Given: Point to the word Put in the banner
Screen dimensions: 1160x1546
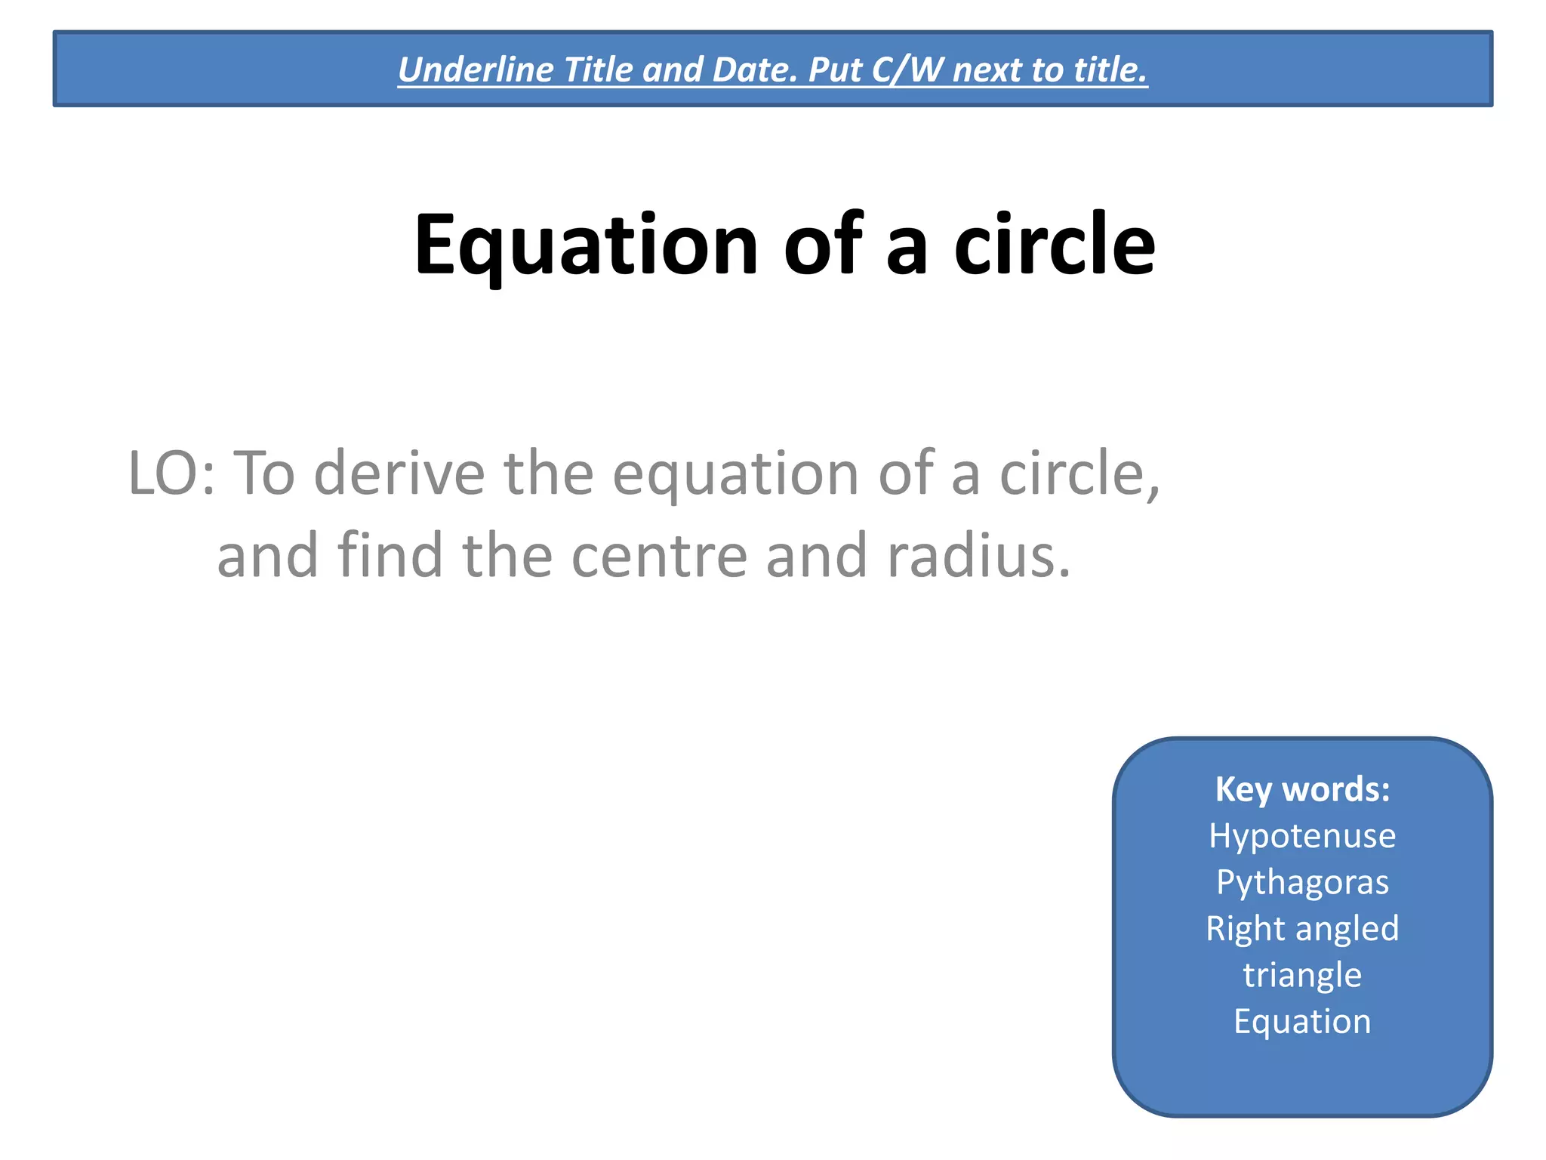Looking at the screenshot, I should pyautogui.click(x=835, y=69).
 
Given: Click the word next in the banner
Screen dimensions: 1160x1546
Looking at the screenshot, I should pyautogui.click(x=987, y=69).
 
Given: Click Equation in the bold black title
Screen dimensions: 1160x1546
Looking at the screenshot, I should pyautogui.click(x=586, y=245).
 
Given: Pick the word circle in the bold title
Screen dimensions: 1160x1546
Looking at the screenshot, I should pyautogui.click(x=1054, y=245).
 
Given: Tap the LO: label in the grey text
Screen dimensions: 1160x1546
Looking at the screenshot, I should pyautogui.click(x=172, y=474).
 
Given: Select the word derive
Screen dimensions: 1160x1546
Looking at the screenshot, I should pyautogui.click(x=399, y=474).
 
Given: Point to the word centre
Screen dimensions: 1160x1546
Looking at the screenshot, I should pyautogui.click(x=659, y=555).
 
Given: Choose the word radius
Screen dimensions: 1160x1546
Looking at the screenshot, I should pyautogui.click(x=978, y=555).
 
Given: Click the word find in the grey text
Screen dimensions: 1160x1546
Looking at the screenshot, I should pyautogui.click(x=390, y=555).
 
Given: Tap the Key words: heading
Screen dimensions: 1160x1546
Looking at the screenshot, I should pyautogui.click(x=1302, y=789).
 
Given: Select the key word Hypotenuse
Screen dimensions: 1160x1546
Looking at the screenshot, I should pyautogui.click(x=1302, y=836).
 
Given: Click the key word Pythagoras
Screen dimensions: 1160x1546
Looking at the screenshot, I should pyautogui.click(x=1302, y=882).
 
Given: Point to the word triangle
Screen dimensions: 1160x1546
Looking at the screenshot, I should pyautogui.click(x=1302, y=975).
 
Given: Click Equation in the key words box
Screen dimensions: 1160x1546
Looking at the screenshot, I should pyautogui.click(x=1302, y=1021).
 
